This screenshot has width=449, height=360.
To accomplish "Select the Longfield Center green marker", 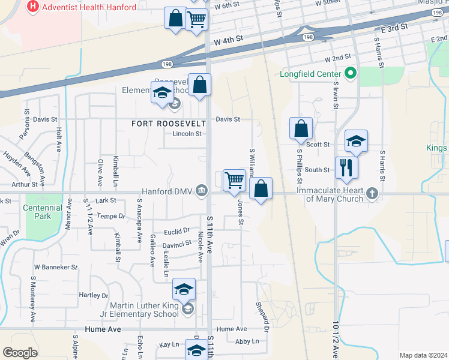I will (x=352, y=75).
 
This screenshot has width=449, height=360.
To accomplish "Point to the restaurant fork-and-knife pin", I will (x=346, y=166).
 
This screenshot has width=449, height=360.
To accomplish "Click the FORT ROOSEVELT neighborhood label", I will (x=169, y=124).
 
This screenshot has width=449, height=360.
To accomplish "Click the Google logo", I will (x=20, y=353).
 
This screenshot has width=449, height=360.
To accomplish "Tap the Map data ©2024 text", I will (x=423, y=355).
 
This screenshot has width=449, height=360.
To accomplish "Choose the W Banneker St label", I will (x=56, y=266).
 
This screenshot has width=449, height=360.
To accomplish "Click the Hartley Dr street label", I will (x=94, y=295).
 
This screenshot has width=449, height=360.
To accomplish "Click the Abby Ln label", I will (x=247, y=341).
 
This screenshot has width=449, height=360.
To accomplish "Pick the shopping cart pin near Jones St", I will (x=234, y=179).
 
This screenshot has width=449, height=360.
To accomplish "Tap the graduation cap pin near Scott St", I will (x=356, y=141).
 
